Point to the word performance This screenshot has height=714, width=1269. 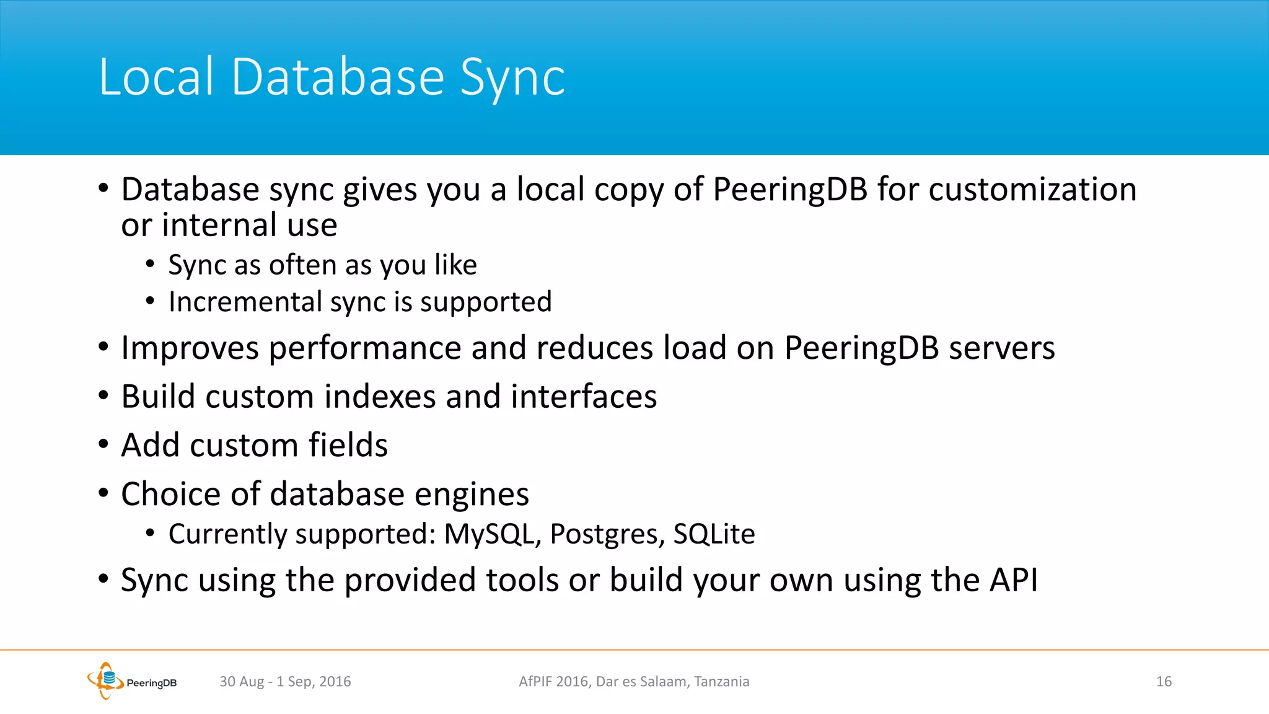[x=365, y=348]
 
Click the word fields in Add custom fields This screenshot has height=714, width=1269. [x=348, y=445]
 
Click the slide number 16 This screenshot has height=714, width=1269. [x=1164, y=682]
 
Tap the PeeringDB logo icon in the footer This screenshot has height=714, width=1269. [x=105, y=680]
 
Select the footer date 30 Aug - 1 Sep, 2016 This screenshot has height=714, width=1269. [x=285, y=682]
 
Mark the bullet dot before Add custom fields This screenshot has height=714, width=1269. [x=103, y=444]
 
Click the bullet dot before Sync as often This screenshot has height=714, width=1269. [x=150, y=265]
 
